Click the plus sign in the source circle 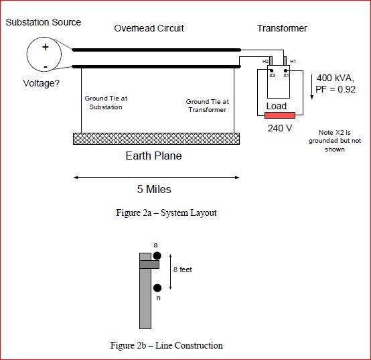(x=46, y=48)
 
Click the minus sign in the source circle (x=46, y=67)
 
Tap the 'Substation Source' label (x=44, y=22)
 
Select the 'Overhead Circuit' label (x=149, y=28)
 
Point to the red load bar (x=280, y=115)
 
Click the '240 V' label (x=279, y=128)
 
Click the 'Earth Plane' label (x=153, y=156)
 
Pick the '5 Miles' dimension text (x=154, y=189)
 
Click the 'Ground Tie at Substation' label (x=106, y=103)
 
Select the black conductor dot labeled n (x=157, y=288)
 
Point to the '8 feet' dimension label (x=182, y=269)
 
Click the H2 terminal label (x=266, y=61)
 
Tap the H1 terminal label (x=293, y=61)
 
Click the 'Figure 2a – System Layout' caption (x=166, y=213)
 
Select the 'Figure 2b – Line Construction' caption (x=166, y=346)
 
